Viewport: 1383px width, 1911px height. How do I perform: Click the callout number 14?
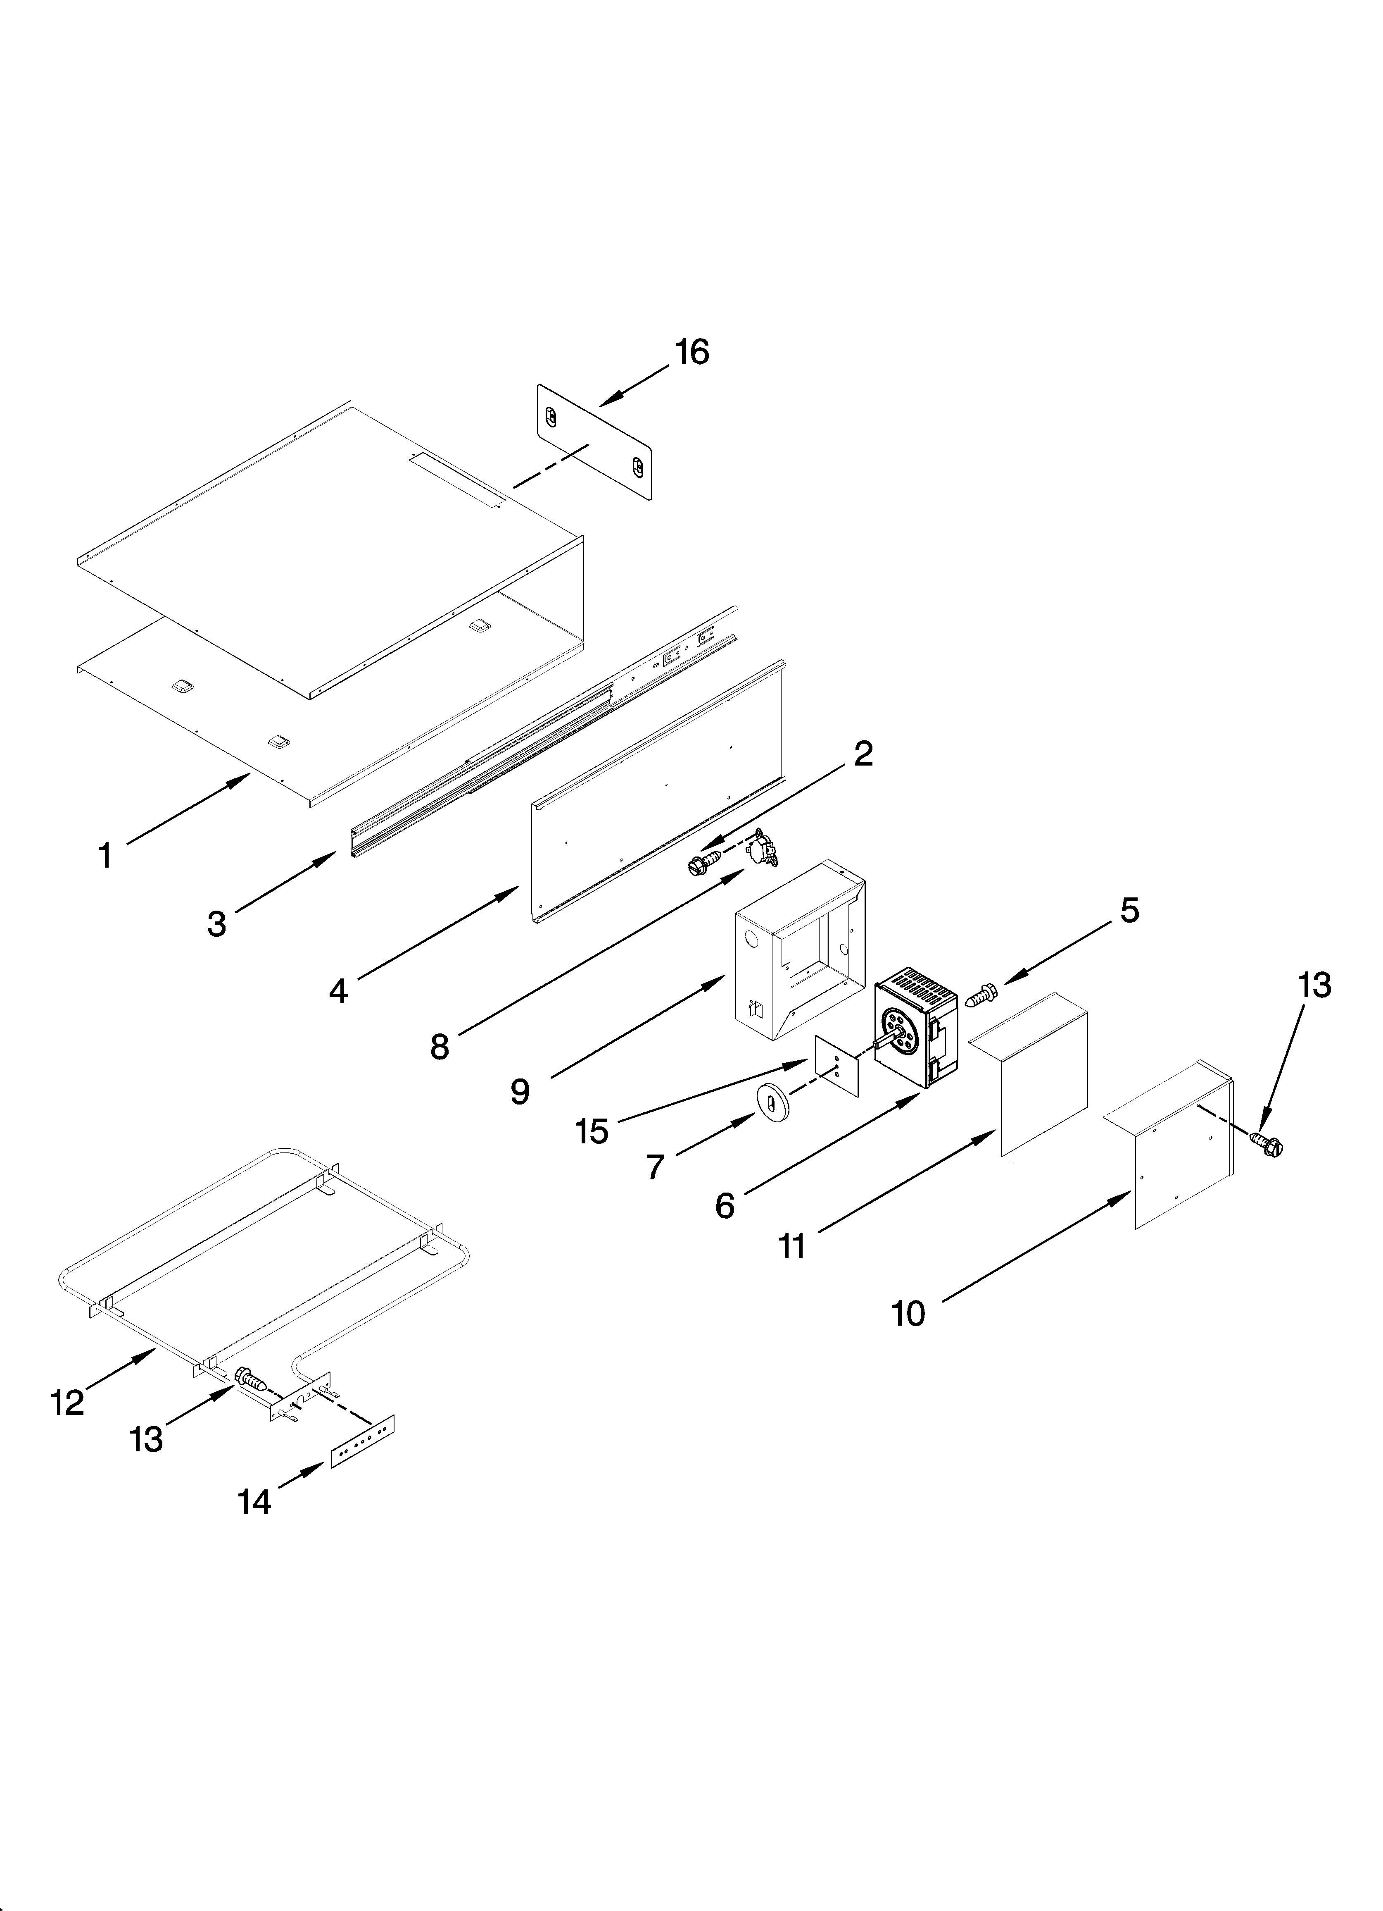(254, 1502)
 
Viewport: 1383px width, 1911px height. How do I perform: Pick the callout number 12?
(67, 1403)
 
